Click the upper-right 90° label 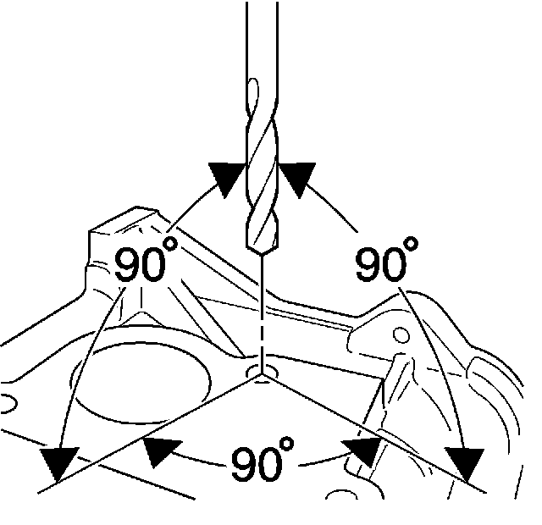click(386, 263)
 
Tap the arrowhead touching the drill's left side click(227, 179)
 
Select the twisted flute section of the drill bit click(262, 169)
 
